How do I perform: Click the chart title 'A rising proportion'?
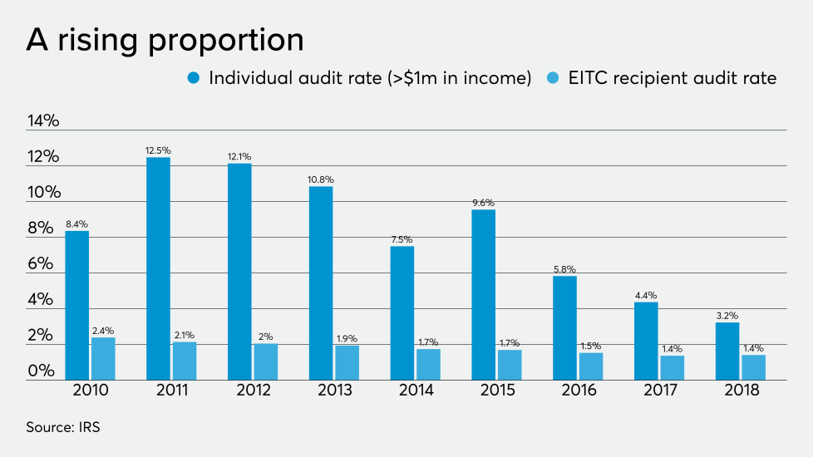pyautogui.click(x=165, y=39)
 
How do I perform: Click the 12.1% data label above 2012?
pyautogui.click(x=239, y=156)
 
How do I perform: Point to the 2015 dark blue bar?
pyautogui.click(x=483, y=295)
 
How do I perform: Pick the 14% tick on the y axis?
pyautogui.click(x=43, y=120)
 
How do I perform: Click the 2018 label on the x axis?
pyautogui.click(x=742, y=390)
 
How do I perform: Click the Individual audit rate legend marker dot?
pyautogui.click(x=194, y=78)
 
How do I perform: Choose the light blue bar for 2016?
pyautogui.click(x=590, y=366)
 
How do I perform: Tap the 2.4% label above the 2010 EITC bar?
pyautogui.click(x=103, y=331)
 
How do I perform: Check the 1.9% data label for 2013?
pyautogui.click(x=347, y=339)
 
